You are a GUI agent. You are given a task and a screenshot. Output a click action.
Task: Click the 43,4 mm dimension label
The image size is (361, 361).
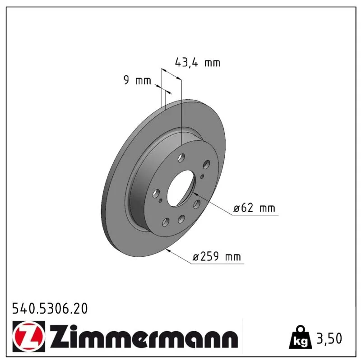tap(198, 63)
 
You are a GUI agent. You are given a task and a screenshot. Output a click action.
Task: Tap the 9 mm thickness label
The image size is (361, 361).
tap(137, 80)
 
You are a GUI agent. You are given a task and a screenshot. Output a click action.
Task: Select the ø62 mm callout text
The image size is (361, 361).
tap(254, 208)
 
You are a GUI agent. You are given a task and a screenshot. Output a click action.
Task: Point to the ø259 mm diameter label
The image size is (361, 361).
tap(217, 256)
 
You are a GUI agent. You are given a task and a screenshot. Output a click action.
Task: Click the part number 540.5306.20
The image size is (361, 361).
tap(50, 309)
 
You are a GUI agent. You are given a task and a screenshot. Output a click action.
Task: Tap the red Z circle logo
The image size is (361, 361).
tap(28, 336)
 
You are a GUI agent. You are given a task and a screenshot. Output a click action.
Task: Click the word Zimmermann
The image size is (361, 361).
tap(144, 337)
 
